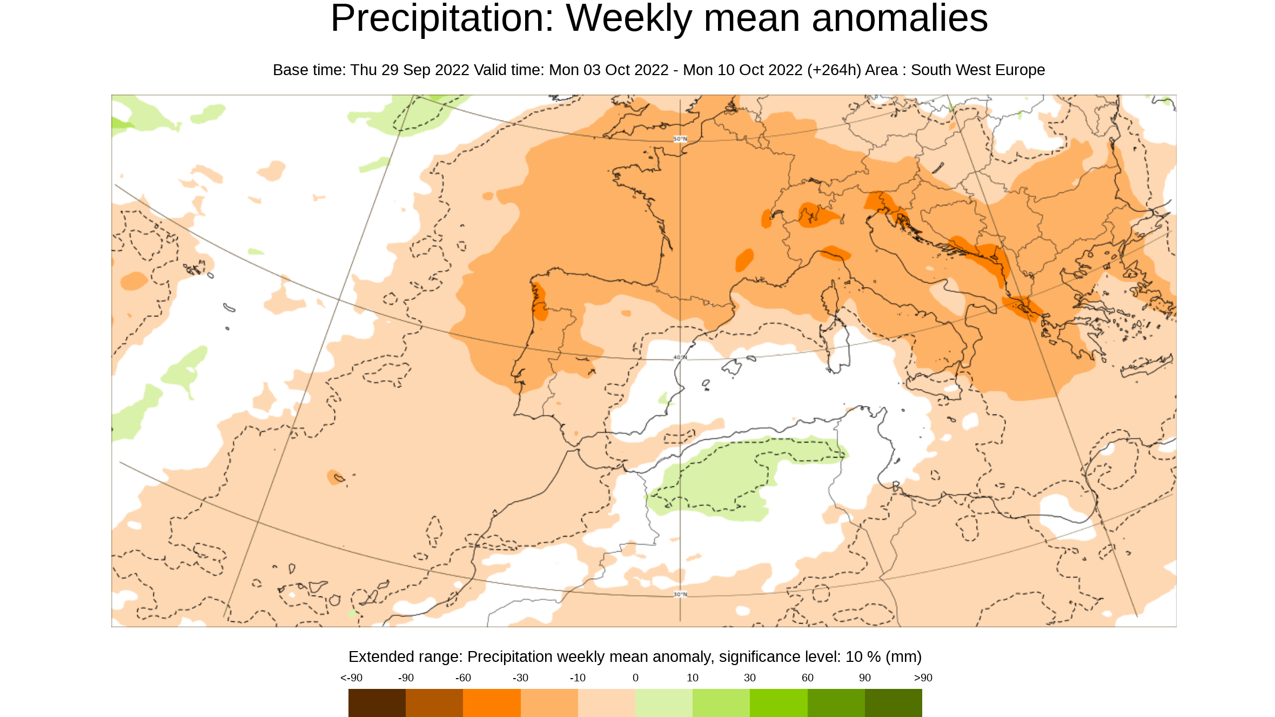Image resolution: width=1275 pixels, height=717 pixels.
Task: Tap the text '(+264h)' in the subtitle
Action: click(834, 70)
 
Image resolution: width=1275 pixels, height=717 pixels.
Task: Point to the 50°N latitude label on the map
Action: click(680, 139)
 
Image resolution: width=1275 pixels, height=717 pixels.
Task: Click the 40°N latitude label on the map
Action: click(680, 358)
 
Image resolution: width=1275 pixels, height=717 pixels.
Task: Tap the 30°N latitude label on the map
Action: click(680, 594)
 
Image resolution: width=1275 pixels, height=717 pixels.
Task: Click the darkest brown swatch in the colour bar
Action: click(377, 703)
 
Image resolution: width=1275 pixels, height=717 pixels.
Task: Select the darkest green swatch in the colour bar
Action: click(894, 703)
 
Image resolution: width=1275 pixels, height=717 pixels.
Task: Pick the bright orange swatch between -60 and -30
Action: click(492, 703)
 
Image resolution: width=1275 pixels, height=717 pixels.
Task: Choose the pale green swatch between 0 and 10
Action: click(663, 703)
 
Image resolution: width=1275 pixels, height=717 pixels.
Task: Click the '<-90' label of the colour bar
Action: click(351, 678)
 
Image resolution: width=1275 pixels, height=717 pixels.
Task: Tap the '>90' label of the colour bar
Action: click(923, 678)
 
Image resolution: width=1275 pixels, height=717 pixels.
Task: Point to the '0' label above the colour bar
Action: click(635, 678)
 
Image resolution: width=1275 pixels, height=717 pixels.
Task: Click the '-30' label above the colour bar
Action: click(520, 678)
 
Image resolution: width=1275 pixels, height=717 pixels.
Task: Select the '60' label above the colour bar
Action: click(807, 678)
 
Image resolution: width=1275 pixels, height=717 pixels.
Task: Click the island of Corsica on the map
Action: click(830, 296)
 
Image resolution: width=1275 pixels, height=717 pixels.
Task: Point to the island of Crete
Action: click(1145, 366)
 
